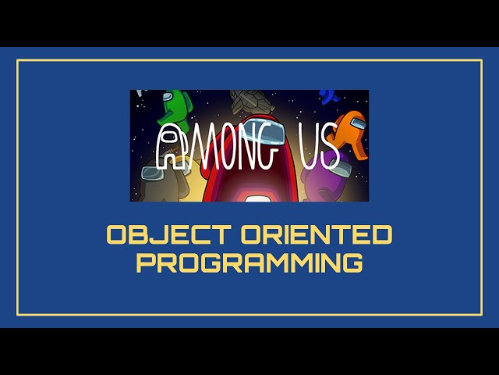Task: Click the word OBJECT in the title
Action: tap(156, 234)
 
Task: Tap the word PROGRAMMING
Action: tap(249, 262)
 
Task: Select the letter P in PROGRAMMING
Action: tap(145, 262)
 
